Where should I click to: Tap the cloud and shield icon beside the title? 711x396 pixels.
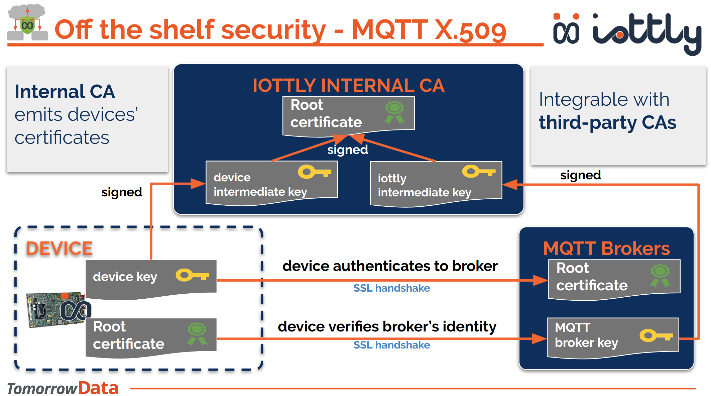coord(27,23)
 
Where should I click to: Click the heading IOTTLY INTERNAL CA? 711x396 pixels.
coord(348,85)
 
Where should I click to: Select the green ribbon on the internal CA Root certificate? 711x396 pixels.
coord(394,112)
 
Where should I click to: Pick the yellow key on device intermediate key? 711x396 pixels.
coord(314,172)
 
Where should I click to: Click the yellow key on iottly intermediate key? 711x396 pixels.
coord(478,172)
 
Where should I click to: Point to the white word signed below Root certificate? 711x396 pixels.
coord(347,150)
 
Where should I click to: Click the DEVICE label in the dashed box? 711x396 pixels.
coord(59,249)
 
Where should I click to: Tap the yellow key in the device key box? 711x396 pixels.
coord(192,275)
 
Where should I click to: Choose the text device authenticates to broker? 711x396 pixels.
coord(390,266)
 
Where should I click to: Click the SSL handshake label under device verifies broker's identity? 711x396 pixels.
coord(391,345)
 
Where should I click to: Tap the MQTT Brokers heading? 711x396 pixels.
coord(606,249)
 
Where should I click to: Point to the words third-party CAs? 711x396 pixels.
coord(607,122)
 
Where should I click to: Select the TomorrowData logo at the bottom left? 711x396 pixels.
coord(63,388)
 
